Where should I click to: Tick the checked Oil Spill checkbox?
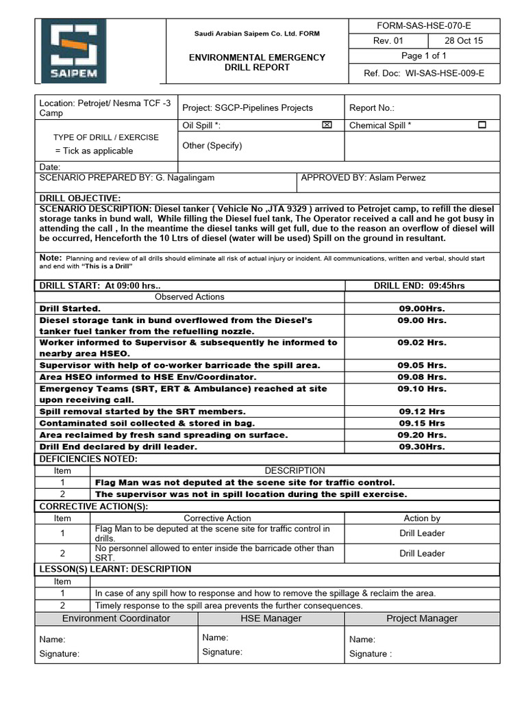pos(327,125)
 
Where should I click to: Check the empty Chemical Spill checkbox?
pos(482,125)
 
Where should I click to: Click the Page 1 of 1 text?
pos(423,56)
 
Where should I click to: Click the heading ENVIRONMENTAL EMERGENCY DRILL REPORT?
pos(257,62)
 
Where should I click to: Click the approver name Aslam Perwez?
pos(393,177)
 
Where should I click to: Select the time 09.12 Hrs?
pos(422,411)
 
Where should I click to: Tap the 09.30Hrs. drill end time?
pos(422,446)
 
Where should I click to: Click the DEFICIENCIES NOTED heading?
pos(88,459)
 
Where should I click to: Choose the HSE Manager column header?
pos(271,618)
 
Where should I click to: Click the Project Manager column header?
pos(422,618)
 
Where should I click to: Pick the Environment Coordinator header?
pos(116,618)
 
